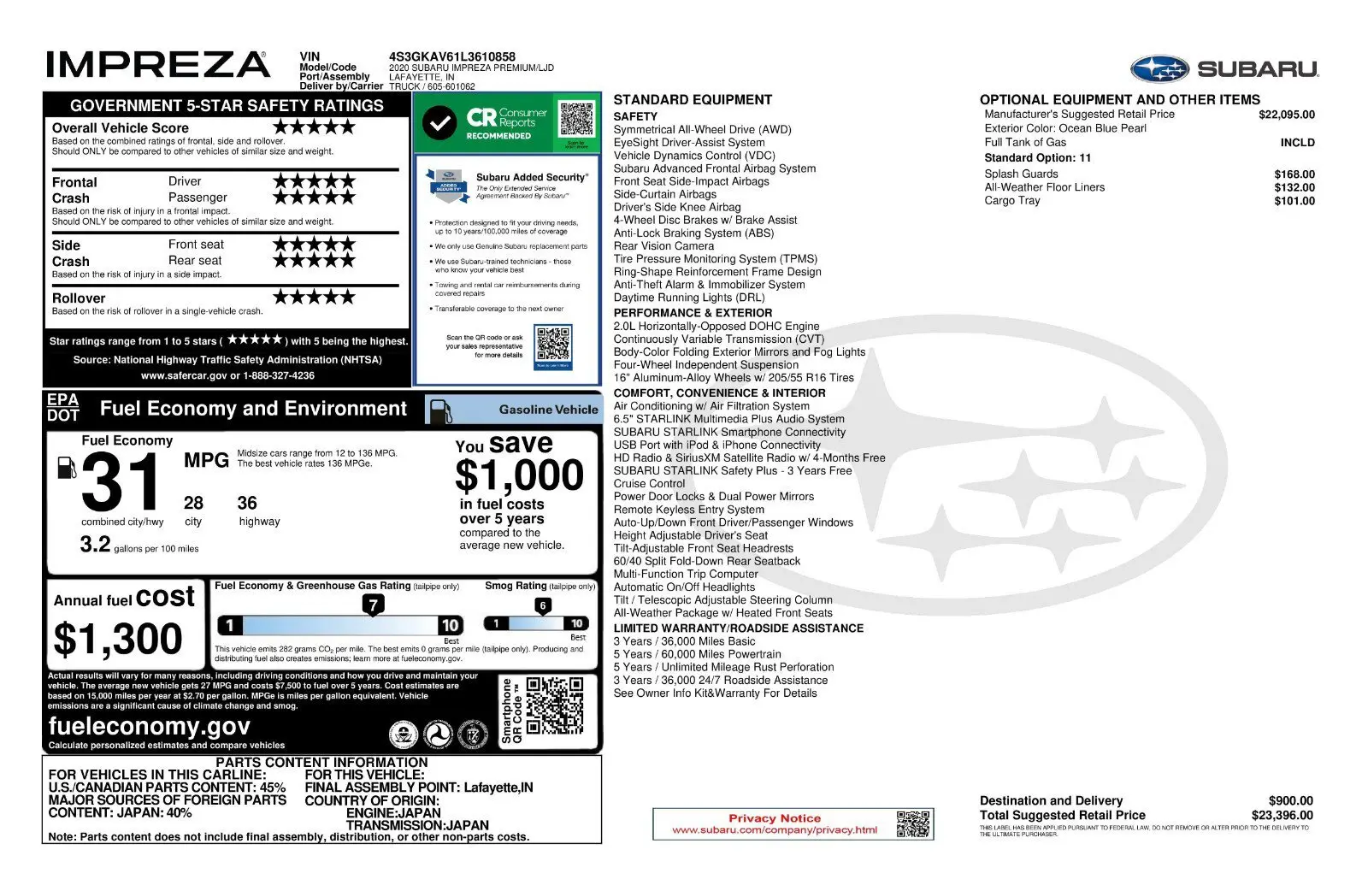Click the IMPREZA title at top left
157,65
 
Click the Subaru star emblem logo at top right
1159,68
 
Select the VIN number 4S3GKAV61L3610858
452,56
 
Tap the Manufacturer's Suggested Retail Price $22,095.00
1286,115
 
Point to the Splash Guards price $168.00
1294,174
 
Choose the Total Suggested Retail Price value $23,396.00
1282,816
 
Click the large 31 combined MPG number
121,482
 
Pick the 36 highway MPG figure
247,503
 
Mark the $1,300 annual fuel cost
118,639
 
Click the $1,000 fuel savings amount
519,475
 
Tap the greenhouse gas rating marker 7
373,605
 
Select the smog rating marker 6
542,605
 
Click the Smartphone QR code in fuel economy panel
554,706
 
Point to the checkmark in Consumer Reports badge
439,123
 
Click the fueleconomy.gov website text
150,726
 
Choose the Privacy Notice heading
774,818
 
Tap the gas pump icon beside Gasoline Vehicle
440,410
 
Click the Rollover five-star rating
314,298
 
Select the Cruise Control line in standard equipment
649,484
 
